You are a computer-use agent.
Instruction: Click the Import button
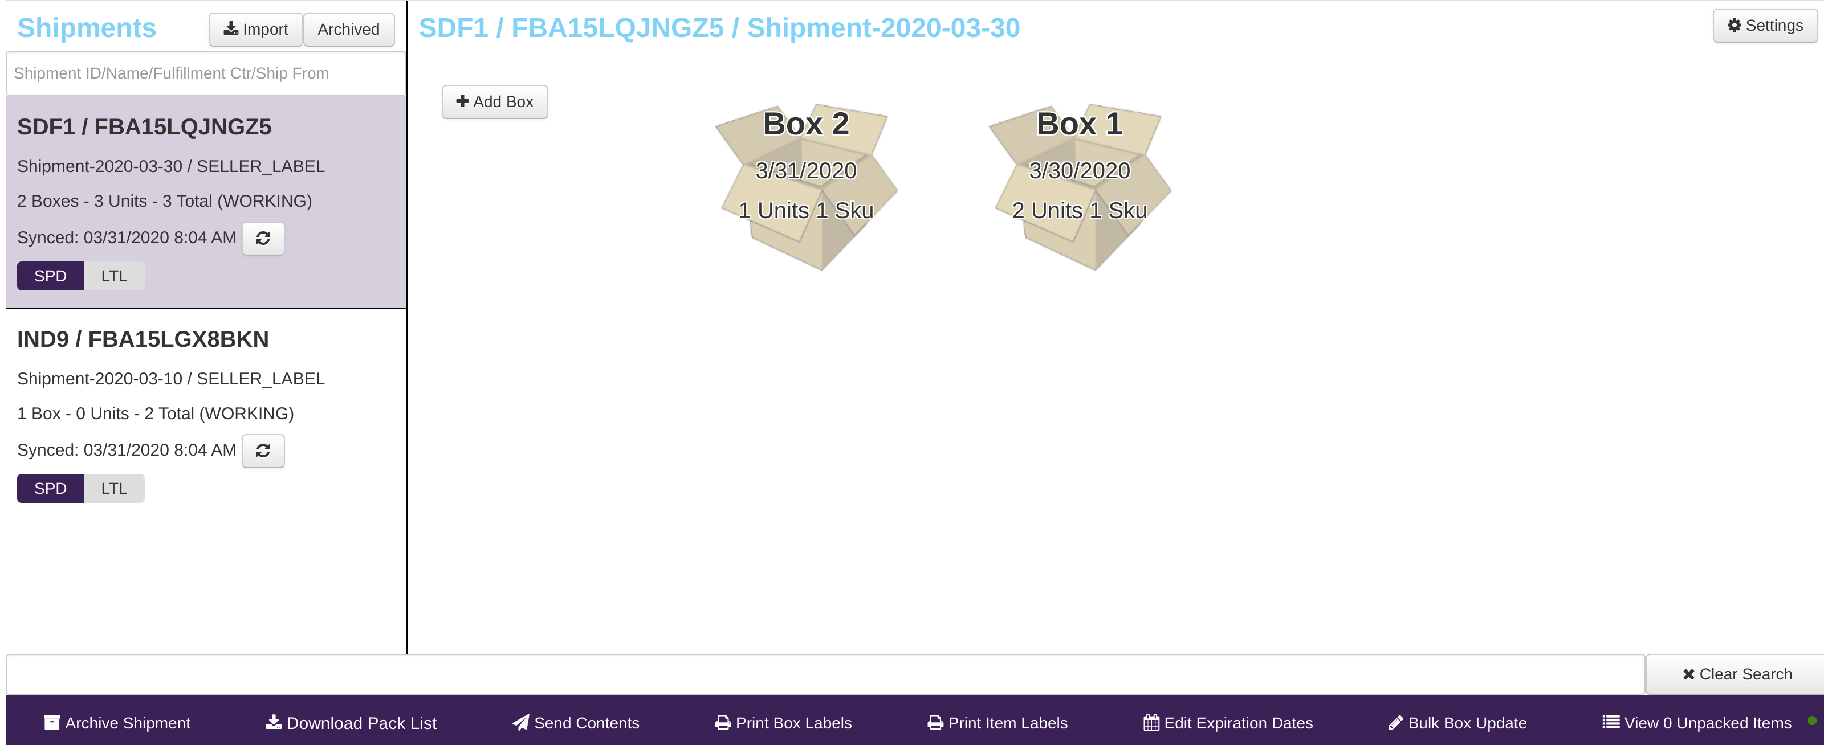tap(255, 30)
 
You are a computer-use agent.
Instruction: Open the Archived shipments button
tap(348, 30)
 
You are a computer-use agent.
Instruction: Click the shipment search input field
tap(205, 73)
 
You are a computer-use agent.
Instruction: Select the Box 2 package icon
tap(806, 187)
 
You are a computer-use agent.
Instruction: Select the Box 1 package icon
tap(1079, 187)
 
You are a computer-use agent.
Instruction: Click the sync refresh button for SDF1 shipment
tap(263, 239)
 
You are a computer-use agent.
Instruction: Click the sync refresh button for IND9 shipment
tap(263, 451)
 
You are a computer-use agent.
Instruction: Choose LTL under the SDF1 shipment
tap(114, 276)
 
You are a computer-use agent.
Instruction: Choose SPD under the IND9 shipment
tap(50, 488)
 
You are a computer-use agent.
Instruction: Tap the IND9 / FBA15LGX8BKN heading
tap(143, 339)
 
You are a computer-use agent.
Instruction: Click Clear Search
tap(1737, 674)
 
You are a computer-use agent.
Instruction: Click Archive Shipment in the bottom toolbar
tap(117, 723)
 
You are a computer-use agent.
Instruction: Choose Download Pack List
tap(351, 723)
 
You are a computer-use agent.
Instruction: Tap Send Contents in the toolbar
tap(576, 723)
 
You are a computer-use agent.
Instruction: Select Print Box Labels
tap(783, 723)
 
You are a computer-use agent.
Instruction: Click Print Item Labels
tap(997, 723)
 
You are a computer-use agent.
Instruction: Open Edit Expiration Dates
tap(1228, 723)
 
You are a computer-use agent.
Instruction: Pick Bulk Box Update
tap(1457, 723)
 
